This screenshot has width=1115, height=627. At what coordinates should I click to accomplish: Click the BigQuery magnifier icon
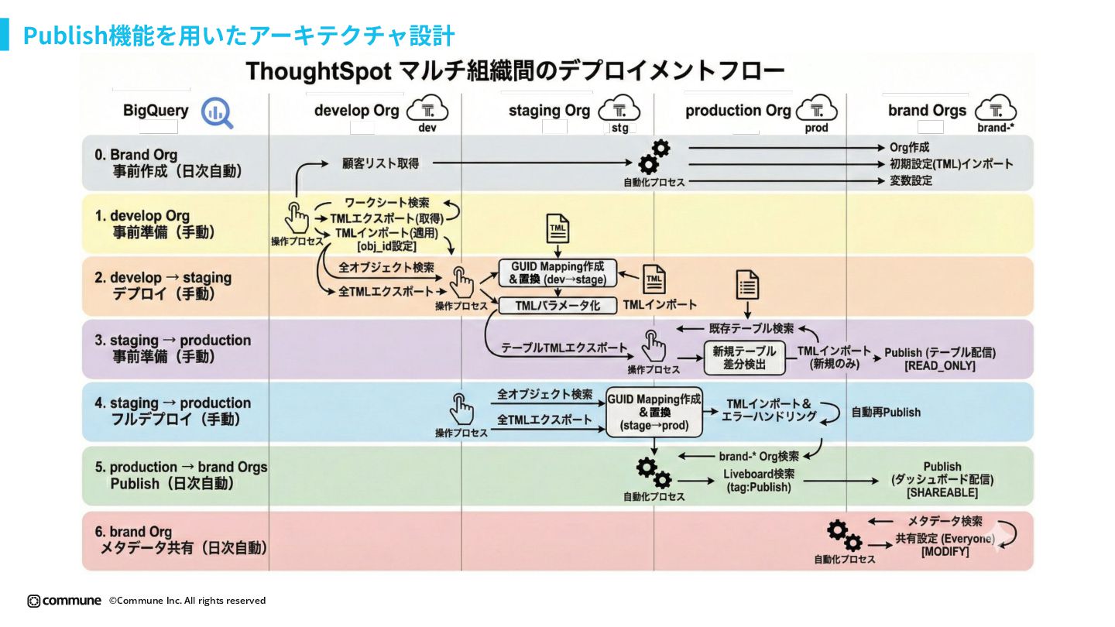pyautogui.click(x=217, y=113)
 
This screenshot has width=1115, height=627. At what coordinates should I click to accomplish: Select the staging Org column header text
pyautogui.click(x=549, y=111)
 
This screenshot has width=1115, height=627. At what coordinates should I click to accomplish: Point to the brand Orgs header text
pyautogui.click(x=927, y=111)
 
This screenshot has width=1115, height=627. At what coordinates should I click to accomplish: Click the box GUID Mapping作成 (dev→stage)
pyautogui.click(x=557, y=273)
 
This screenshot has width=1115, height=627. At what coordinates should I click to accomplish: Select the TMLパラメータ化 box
pyautogui.click(x=557, y=306)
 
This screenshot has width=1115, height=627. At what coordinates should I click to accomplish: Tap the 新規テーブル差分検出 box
pyautogui.click(x=744, y=358)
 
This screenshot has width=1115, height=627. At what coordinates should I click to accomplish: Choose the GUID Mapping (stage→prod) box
pyautogui.click(x=654, y=413)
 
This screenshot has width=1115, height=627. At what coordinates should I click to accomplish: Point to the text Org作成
pyautogui.click(x=909, y=147)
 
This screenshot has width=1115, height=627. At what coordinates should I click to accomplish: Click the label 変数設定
pyautogui.click(x=911, y=181)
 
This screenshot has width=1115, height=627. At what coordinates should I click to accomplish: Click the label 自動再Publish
pyautogui.click(x=886, y=413)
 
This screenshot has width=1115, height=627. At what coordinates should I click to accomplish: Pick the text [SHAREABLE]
pyautogui.click(x=942, y=492)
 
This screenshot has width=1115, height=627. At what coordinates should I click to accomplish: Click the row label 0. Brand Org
pyautogui.click(x=136, y=155)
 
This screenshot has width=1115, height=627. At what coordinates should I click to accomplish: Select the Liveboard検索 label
pyautogui.click(x=758, y=474)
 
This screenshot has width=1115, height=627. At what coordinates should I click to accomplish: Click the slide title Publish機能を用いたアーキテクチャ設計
pyautogui.click(x=238, y=36)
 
